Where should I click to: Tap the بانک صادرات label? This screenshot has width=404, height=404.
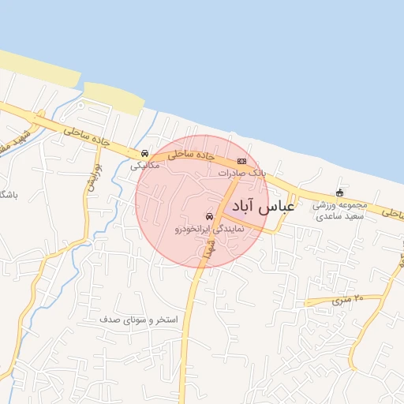point(243,172)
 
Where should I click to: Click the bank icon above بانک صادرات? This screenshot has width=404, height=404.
point(241,162)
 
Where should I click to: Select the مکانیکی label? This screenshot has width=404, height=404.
point(144,166)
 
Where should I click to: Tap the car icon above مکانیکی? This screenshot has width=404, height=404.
point(144,154)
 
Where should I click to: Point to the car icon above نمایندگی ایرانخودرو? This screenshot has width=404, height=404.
point(209,215)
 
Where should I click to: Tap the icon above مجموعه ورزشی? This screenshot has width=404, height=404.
point(340,193)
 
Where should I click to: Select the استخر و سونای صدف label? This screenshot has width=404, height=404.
point(140,320)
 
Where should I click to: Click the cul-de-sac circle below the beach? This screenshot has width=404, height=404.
point(80,103)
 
